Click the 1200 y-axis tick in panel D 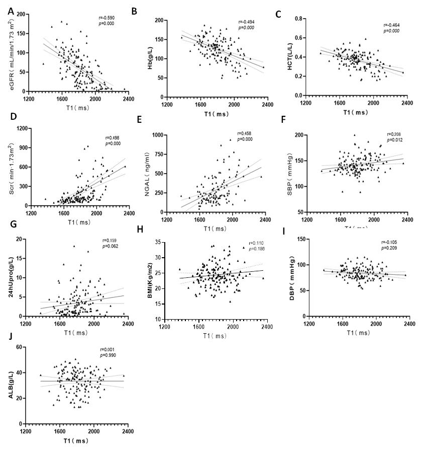(22, 128)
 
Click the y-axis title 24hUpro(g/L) (11, 277)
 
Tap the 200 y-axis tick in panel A (21, 14)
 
